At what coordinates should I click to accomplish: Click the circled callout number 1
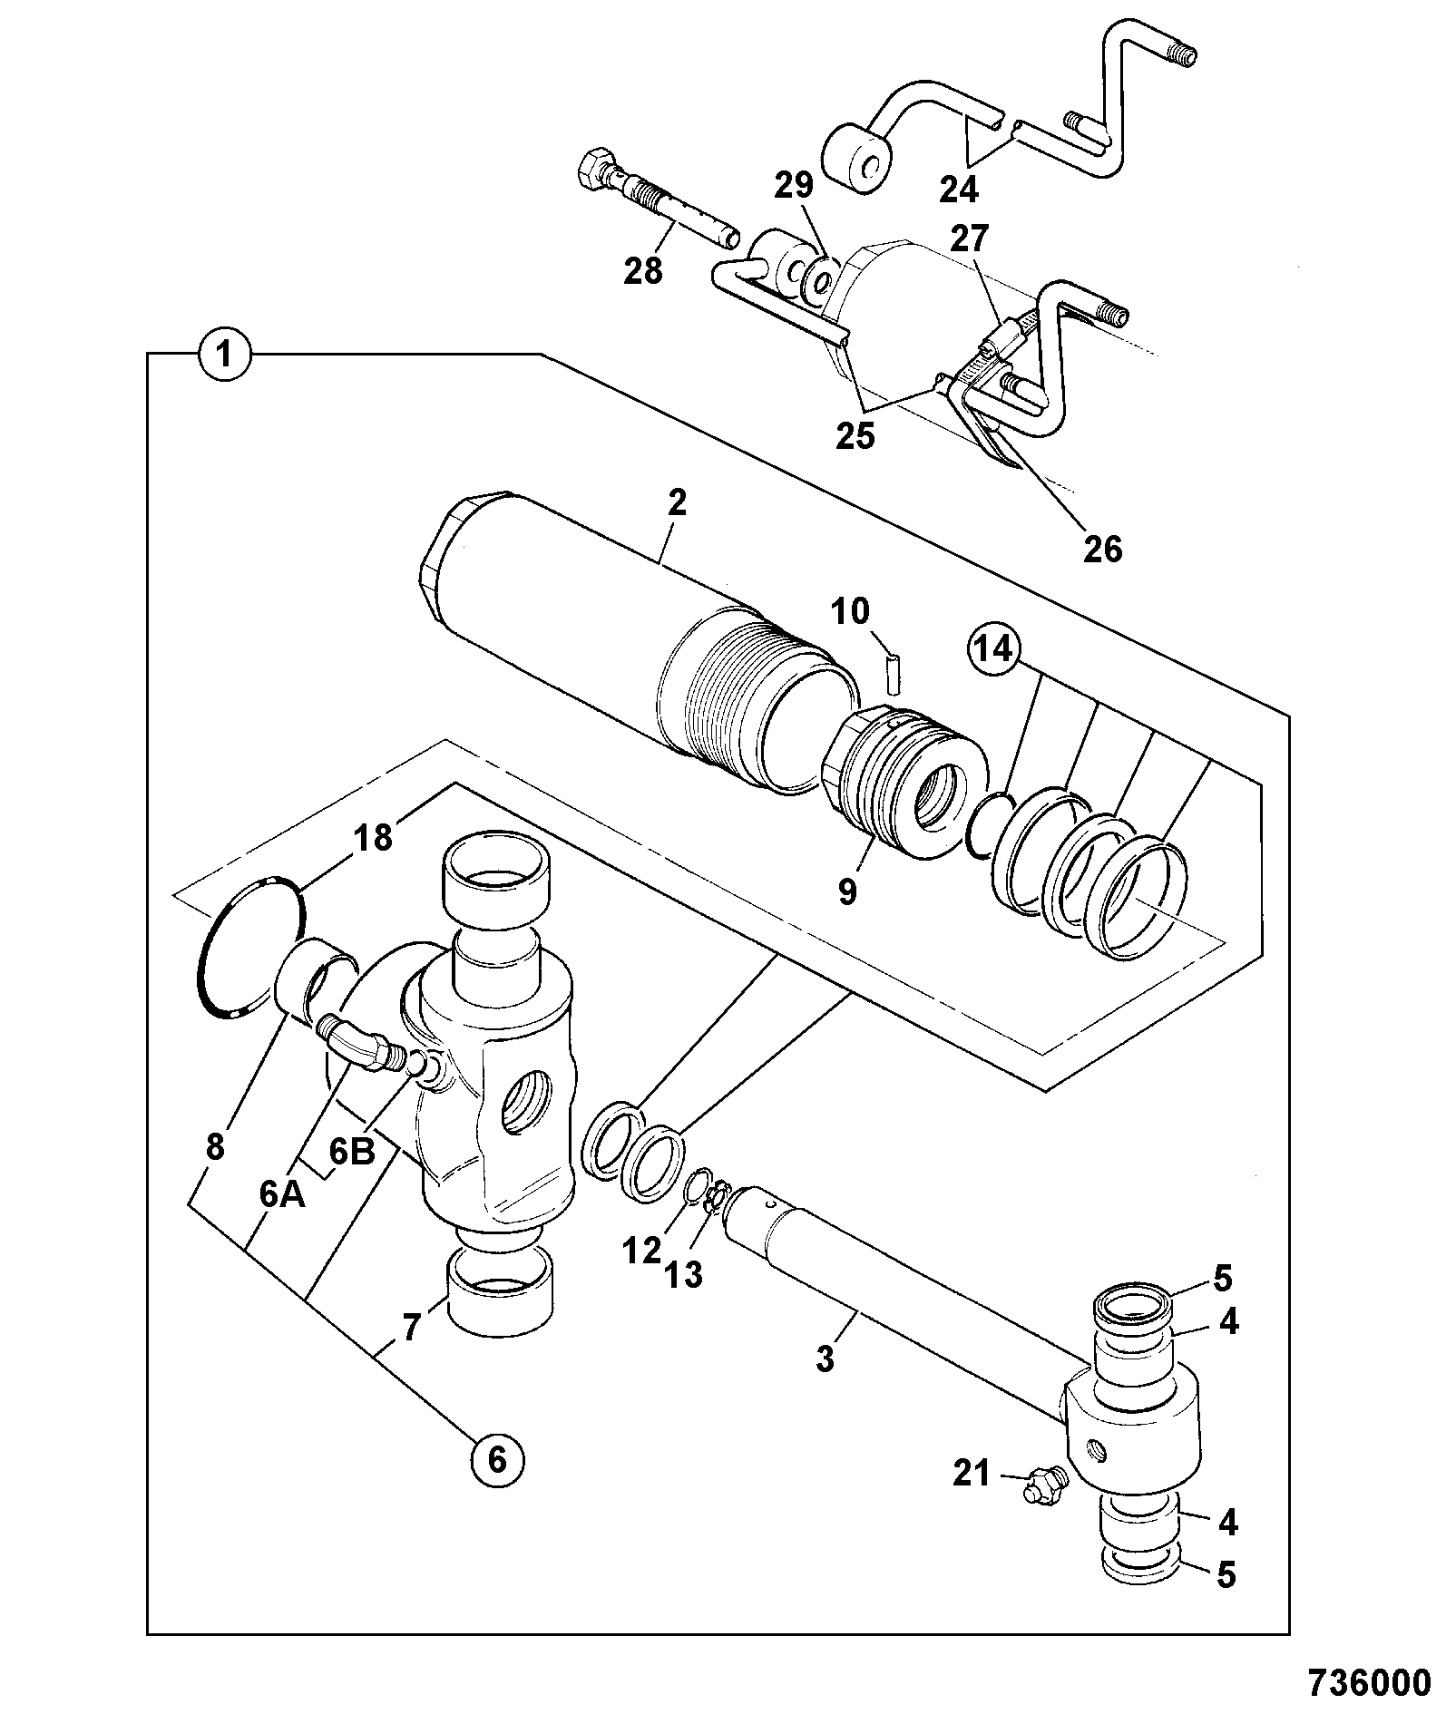pyautogui.click(x=226, y=354)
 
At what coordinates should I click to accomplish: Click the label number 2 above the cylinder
pyautogui.click(x=677, y=504)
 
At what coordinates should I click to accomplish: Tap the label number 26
pyautogui.click(x=1102, y=549)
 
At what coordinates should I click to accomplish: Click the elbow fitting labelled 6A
pyautogui.click(x=358, y=1045)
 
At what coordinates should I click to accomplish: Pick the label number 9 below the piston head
pyautogui.click(x=846, y=891)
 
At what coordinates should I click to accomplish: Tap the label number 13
pyautogui.click(x=685, y=1276)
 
